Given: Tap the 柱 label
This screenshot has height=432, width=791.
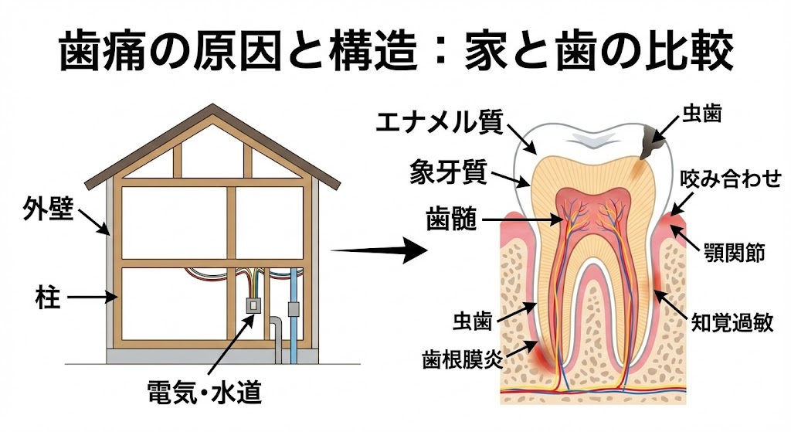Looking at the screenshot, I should coord(48,296).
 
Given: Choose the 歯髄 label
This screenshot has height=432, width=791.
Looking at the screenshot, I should coord(449,219).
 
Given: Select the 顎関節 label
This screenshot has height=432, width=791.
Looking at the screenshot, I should coord(735,252).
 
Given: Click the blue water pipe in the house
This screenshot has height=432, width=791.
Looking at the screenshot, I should coord(293,309).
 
